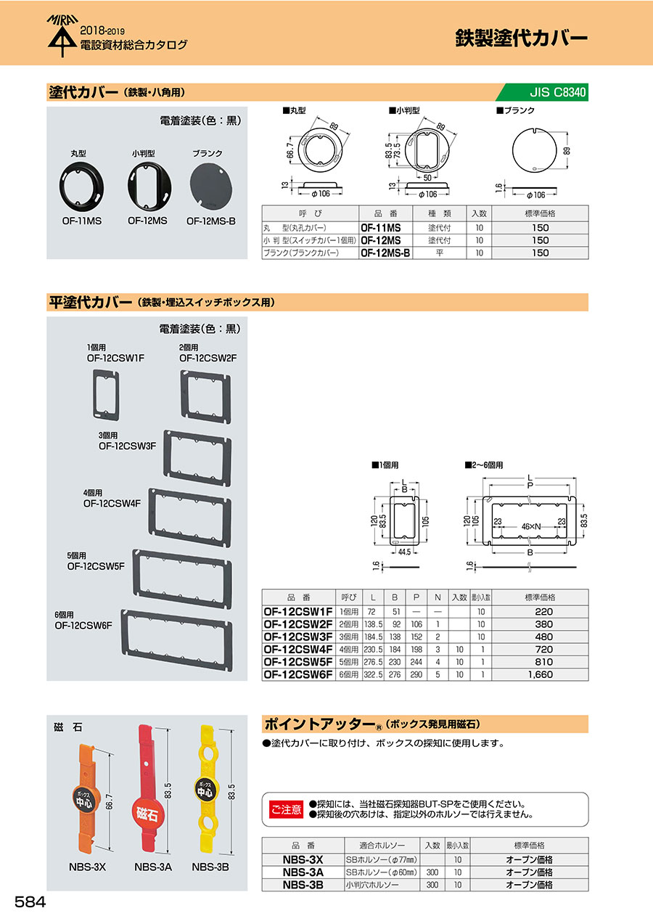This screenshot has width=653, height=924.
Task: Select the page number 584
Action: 30,901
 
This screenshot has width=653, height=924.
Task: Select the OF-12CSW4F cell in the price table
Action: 298,649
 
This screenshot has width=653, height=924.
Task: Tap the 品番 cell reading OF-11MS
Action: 385,227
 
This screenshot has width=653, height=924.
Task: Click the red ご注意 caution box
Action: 286,809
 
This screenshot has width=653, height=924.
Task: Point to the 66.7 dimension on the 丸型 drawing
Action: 289,155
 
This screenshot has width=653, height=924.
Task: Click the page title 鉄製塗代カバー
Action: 521,38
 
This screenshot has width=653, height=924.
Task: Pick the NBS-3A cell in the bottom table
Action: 303,872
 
